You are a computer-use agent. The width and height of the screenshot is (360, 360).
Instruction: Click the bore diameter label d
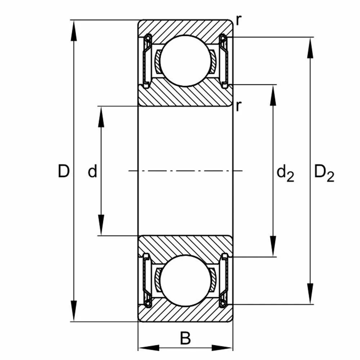[93, 172]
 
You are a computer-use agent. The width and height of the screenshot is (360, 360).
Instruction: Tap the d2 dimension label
[285, 174]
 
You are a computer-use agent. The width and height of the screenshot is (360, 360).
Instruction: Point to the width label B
[185, 338]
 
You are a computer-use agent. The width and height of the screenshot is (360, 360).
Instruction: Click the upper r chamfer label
[238, 21]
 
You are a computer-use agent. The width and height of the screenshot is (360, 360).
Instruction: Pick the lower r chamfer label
[238, 106]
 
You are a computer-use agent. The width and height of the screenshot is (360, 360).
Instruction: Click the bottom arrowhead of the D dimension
[74, 312]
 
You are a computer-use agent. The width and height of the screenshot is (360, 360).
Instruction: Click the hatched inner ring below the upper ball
[185, 95]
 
